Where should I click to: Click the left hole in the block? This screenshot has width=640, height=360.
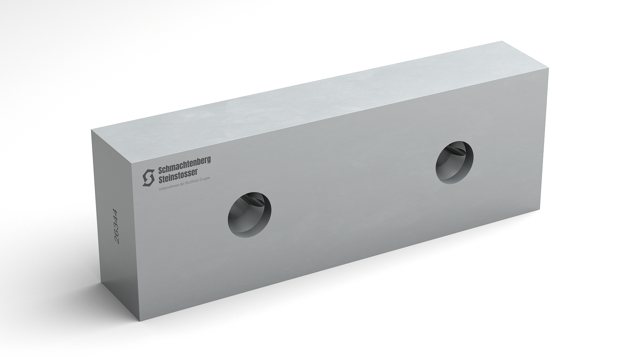coord(249,215)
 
